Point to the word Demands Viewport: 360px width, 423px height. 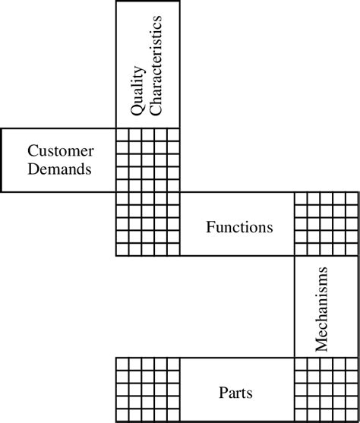tap(59, 169)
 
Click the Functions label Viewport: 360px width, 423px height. tap(239, 226)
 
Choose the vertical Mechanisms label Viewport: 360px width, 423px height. tap(321, 309)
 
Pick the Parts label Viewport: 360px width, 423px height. tap(235, 393)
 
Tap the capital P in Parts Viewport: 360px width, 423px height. tap(223, 393)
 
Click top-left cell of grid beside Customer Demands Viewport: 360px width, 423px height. tap(121, 134)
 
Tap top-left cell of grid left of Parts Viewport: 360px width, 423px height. tap(121, 363)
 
